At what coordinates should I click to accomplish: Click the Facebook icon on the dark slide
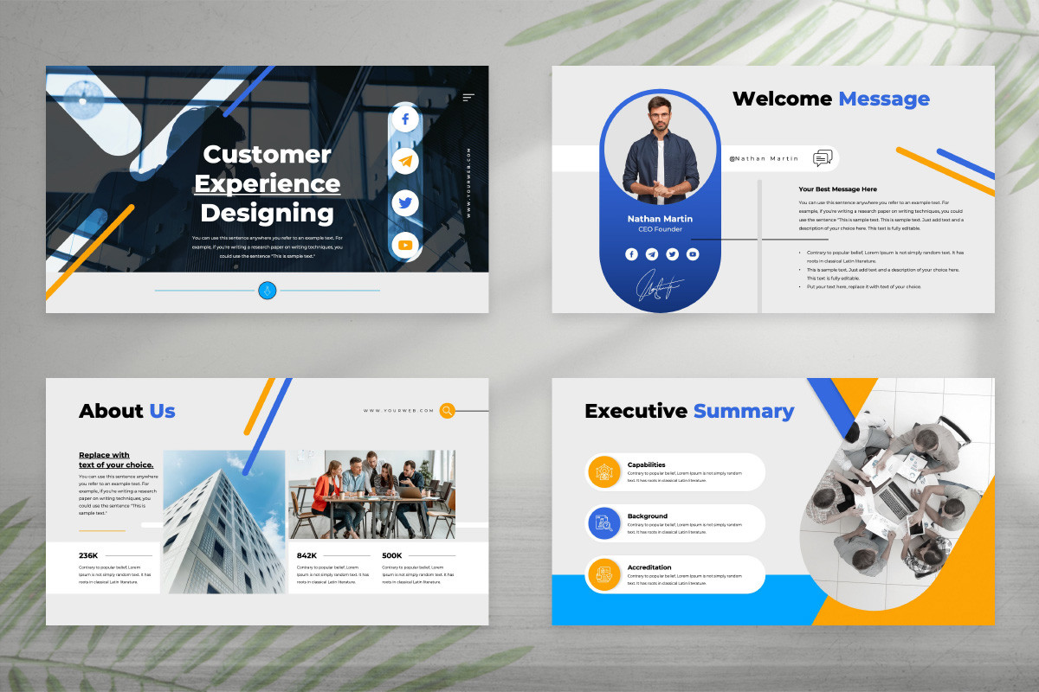pyautogui.click(x=404, y=119)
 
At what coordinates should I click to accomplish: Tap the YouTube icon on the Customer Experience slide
pyautogui.click(x=404, y=246)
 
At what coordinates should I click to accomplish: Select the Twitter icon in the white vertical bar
pyautogui.click(x=404, y=203)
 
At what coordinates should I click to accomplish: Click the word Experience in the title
pyautogui.click(x=267, y=183)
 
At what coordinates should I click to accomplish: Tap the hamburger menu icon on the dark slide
pyautogui.click(x=468, y=98)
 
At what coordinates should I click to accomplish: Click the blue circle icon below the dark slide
pyautogui.click(x=267, y=291)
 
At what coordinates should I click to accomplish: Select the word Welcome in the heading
pyautogui.click(x=782, y=99)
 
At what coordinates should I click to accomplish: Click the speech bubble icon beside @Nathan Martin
pyautogui.click(x=823, y=158)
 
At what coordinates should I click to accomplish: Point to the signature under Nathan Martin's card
pyautogui.click(x=660, y=287)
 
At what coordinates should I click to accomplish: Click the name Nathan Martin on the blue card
pyautogui.click(x=660, y=219)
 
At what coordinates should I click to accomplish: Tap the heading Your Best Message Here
pyautogui.click(x=837, y=189)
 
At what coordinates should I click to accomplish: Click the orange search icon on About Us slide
pyautogui.click(x=447, y=411)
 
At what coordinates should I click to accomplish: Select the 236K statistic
pyautogui.click(x=88, y=555)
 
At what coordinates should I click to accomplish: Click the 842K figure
pyautogui.click(x=307, y=555)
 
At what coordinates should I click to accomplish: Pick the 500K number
pyautogui.click(x=391, y=555)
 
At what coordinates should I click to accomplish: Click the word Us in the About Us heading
pyautogui.click(x=162, y=411)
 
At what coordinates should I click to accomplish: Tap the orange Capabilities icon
pyautogui.click(x=603, y=471)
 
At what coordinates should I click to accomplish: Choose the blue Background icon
pyautogui.click(x=603, y=522)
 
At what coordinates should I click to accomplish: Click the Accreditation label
pyautogui.click(x=649, y=567)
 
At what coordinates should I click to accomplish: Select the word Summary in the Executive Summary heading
pyautogui.click(x=743, y=411)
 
